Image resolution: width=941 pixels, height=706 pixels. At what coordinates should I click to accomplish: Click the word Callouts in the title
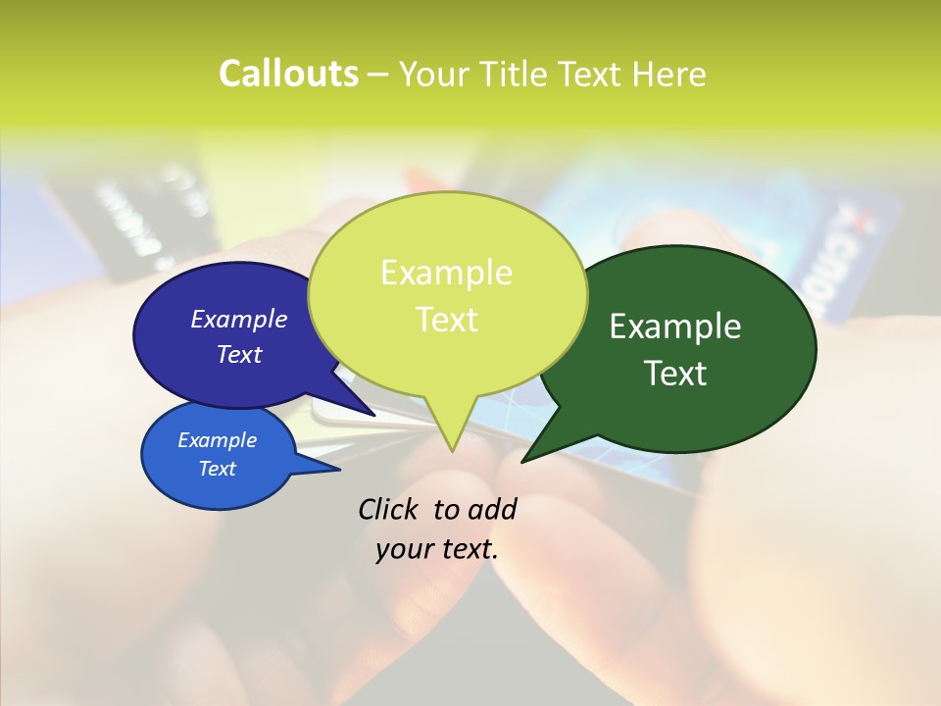point(288,74)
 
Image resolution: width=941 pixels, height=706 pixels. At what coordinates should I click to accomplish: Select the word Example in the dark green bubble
point(675,326)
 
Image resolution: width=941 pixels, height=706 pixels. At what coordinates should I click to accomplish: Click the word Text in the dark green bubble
point(675,373)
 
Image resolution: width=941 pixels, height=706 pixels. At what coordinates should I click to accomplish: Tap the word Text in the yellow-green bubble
point(446,319)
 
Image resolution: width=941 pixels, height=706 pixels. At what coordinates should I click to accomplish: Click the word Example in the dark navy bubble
point(238,319)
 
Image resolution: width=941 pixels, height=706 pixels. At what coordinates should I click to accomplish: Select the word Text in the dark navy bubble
point(238,354)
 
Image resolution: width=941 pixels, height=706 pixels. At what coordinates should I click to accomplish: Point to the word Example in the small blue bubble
point(217,440)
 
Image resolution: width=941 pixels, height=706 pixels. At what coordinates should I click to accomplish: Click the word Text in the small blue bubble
point(217,469)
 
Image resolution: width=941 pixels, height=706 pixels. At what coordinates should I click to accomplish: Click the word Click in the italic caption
point(389,509)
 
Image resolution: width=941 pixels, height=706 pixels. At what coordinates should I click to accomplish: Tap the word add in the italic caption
point(491,509)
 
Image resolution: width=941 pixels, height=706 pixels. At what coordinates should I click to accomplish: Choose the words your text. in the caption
point(436,549)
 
